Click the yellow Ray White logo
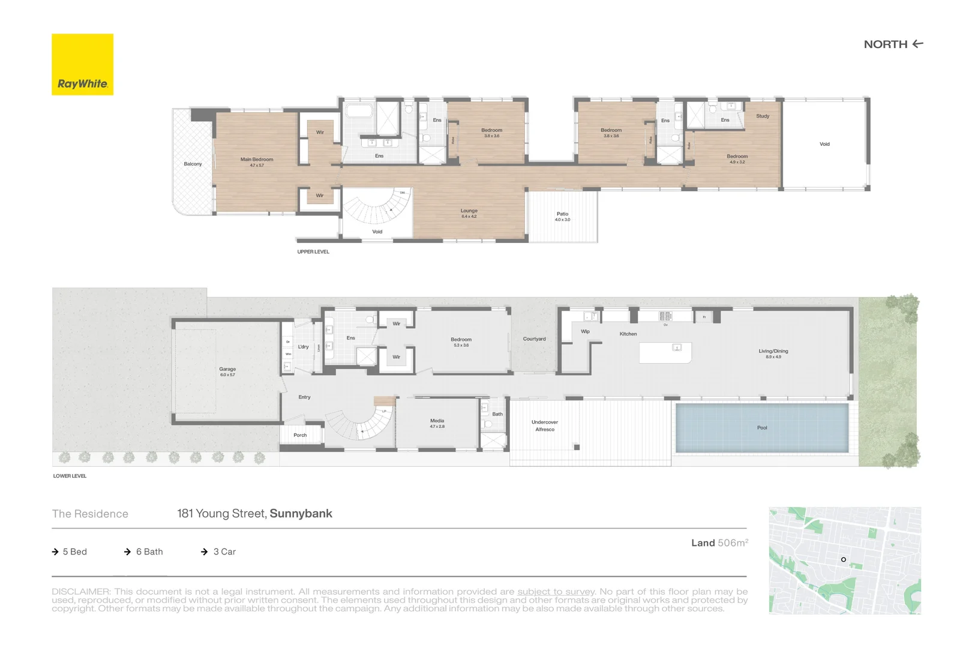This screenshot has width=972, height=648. (x=82, y=64)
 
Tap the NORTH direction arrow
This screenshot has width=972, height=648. (x=917, y=44)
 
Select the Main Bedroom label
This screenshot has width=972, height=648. (x=256, y=160)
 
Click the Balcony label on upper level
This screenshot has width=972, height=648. (x=193, y=164)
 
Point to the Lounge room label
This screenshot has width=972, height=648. (x=469, y=211)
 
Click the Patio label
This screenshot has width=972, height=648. (x=562, y=214)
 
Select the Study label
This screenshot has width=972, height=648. (x=763, y=116)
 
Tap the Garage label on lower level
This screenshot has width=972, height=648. (x=227, y=370)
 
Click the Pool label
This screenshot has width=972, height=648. (x=762, y=428)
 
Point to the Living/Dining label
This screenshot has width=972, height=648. (x=773, y=352)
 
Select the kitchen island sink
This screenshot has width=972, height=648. (x=677, y=347)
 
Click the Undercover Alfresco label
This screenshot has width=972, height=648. (x=545, y=425)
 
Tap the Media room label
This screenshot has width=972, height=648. (x=437, y=421)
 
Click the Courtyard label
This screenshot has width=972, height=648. (x=534, y=339)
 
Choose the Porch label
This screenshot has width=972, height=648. (x=300, y=435)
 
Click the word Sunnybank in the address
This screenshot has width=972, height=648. (x=301, y=514)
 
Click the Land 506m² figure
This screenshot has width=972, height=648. (x=719, y=542)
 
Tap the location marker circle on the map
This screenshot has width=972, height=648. (x=843, y=559)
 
